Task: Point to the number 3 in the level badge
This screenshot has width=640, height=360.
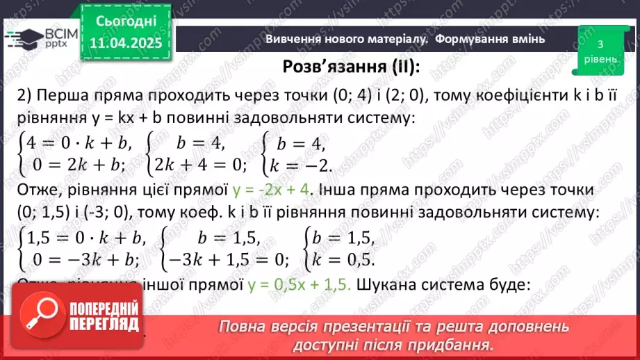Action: coord(600,44)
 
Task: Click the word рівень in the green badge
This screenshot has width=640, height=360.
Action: coord(600,59)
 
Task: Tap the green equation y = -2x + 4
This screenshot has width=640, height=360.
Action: coord(275,190)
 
